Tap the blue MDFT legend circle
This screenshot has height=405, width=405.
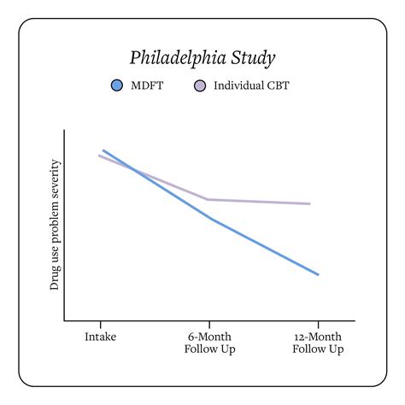click(118, 85)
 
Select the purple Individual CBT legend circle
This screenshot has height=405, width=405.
click(200, 85)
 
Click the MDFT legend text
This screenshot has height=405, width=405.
click(148, 85)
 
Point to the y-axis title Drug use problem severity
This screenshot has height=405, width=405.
click(55, 225)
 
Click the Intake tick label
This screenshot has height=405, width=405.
click(101, 337)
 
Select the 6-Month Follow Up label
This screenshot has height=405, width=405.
click(209, 343)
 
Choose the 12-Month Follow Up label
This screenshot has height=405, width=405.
click(318, 343)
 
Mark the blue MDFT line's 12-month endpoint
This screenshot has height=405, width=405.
click(318, 274)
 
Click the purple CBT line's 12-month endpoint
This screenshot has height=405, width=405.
click(309, 203)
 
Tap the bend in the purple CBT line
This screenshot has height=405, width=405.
click(209, 199)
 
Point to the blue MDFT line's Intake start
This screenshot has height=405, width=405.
click(103, 150)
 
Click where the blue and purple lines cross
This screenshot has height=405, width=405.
click(133, 167)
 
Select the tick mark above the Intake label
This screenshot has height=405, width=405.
click(101, 325)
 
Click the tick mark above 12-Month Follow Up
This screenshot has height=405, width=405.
click(318, 325)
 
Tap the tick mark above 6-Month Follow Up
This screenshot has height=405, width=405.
click(209, 325)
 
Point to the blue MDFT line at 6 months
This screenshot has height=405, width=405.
click(209, 218)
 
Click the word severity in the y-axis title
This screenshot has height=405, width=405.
click(55, 179)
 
